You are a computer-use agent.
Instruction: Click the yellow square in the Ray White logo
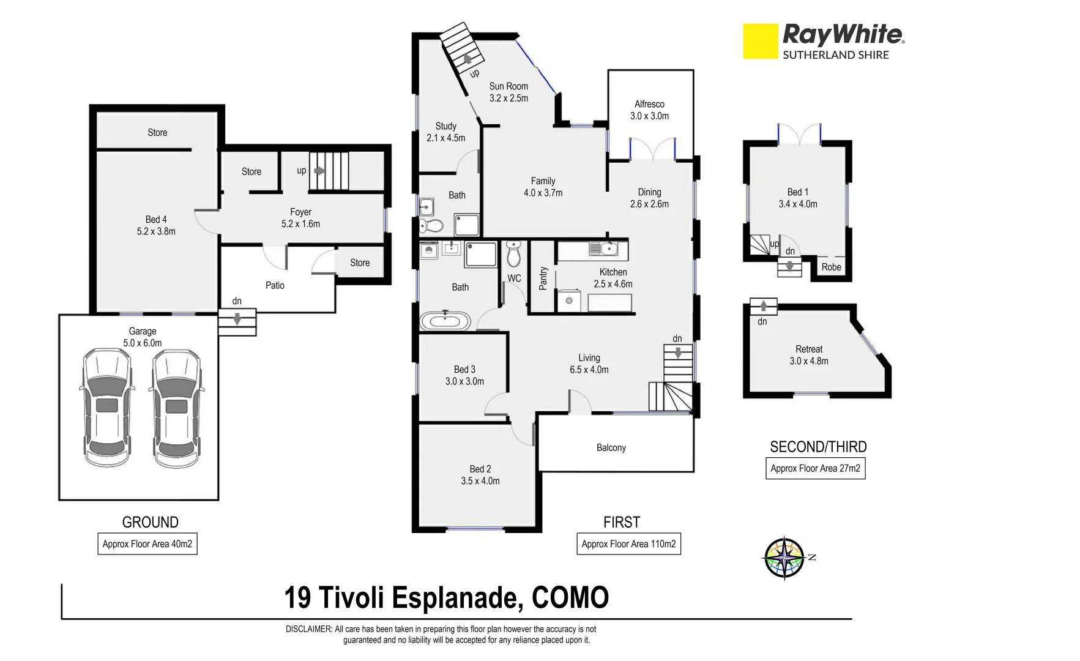coord(760,41)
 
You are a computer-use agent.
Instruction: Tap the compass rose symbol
coord(784,558)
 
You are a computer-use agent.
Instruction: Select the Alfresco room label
coord(649,105)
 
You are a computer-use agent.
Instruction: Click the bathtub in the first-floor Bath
coord(445,321)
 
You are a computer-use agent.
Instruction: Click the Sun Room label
coord(508,86)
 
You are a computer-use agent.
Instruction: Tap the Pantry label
coord(543,278)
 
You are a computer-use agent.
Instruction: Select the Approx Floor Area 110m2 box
coord(628,544)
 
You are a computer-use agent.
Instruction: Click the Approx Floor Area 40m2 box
coord(147,544)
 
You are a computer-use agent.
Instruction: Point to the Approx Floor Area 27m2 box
coord(815,469)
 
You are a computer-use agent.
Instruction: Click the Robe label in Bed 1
coord(831,267)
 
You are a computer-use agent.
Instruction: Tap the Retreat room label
coord(809,349)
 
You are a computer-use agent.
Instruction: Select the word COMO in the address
coord(570,598)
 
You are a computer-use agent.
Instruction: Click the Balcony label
coord(611,448)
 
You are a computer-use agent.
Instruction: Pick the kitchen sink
coord(603,248)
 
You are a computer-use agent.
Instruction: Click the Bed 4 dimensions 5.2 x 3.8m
coord(156,232)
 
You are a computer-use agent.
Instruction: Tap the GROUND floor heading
coord(151,523)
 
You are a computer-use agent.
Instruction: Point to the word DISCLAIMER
coord(309,629)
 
